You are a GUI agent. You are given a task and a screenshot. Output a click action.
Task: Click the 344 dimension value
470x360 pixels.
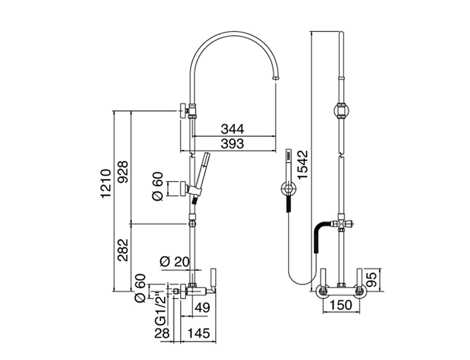232,129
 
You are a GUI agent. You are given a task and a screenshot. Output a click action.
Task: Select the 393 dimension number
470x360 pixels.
232,144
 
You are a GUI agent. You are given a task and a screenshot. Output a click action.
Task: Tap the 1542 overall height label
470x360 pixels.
303,165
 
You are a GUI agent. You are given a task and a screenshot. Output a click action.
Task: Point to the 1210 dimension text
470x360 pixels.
106,183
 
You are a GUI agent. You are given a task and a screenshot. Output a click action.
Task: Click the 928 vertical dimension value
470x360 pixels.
123,172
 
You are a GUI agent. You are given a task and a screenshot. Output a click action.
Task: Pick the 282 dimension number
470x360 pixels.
123,250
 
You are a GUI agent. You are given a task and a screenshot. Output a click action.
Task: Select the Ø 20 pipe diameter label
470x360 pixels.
175,262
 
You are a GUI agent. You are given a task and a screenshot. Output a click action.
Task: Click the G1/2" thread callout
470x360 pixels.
160,307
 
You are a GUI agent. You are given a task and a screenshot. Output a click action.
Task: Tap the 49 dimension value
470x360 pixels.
202,307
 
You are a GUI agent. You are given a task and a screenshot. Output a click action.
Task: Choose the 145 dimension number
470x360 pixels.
199,333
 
